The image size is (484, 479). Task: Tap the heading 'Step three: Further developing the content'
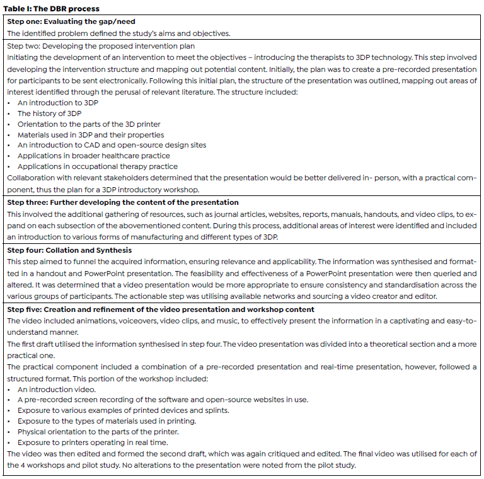pos(122,202)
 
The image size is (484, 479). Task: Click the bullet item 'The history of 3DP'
pos(50,113)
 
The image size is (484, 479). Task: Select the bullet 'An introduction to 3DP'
pos(57,103)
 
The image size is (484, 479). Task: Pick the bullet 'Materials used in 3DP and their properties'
pos(91,135)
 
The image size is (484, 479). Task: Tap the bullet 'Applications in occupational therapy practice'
pos(98,166)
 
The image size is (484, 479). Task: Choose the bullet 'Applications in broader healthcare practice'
pos(94,156)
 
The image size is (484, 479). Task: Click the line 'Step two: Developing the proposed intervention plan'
pos(101,46)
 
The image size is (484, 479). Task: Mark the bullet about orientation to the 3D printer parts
pos(89,124)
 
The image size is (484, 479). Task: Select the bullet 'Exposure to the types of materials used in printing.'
pos(108,422)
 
